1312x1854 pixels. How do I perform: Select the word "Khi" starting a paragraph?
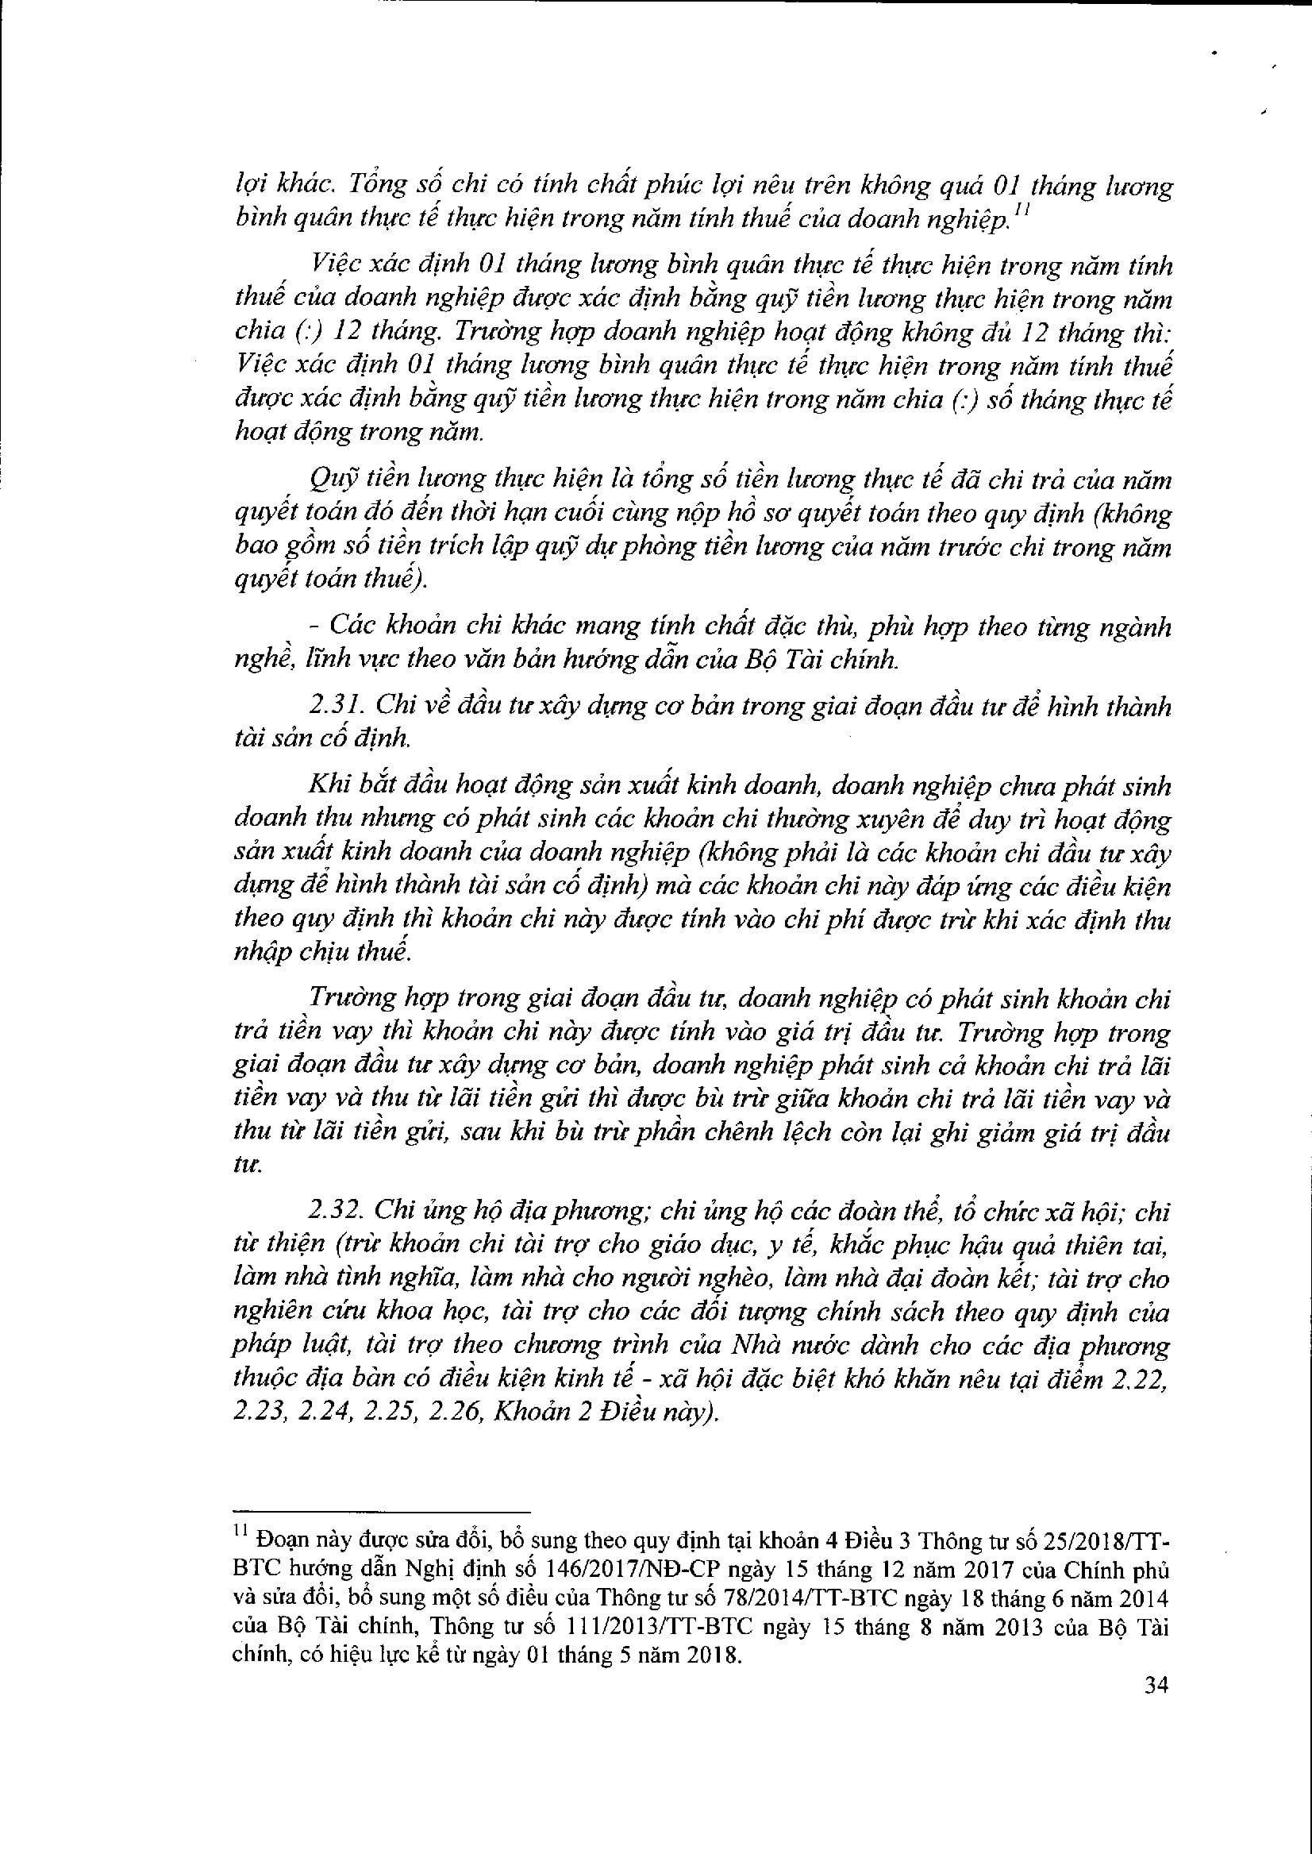(x=329, y=785)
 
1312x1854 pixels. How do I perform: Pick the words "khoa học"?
(x=435, y=1312)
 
